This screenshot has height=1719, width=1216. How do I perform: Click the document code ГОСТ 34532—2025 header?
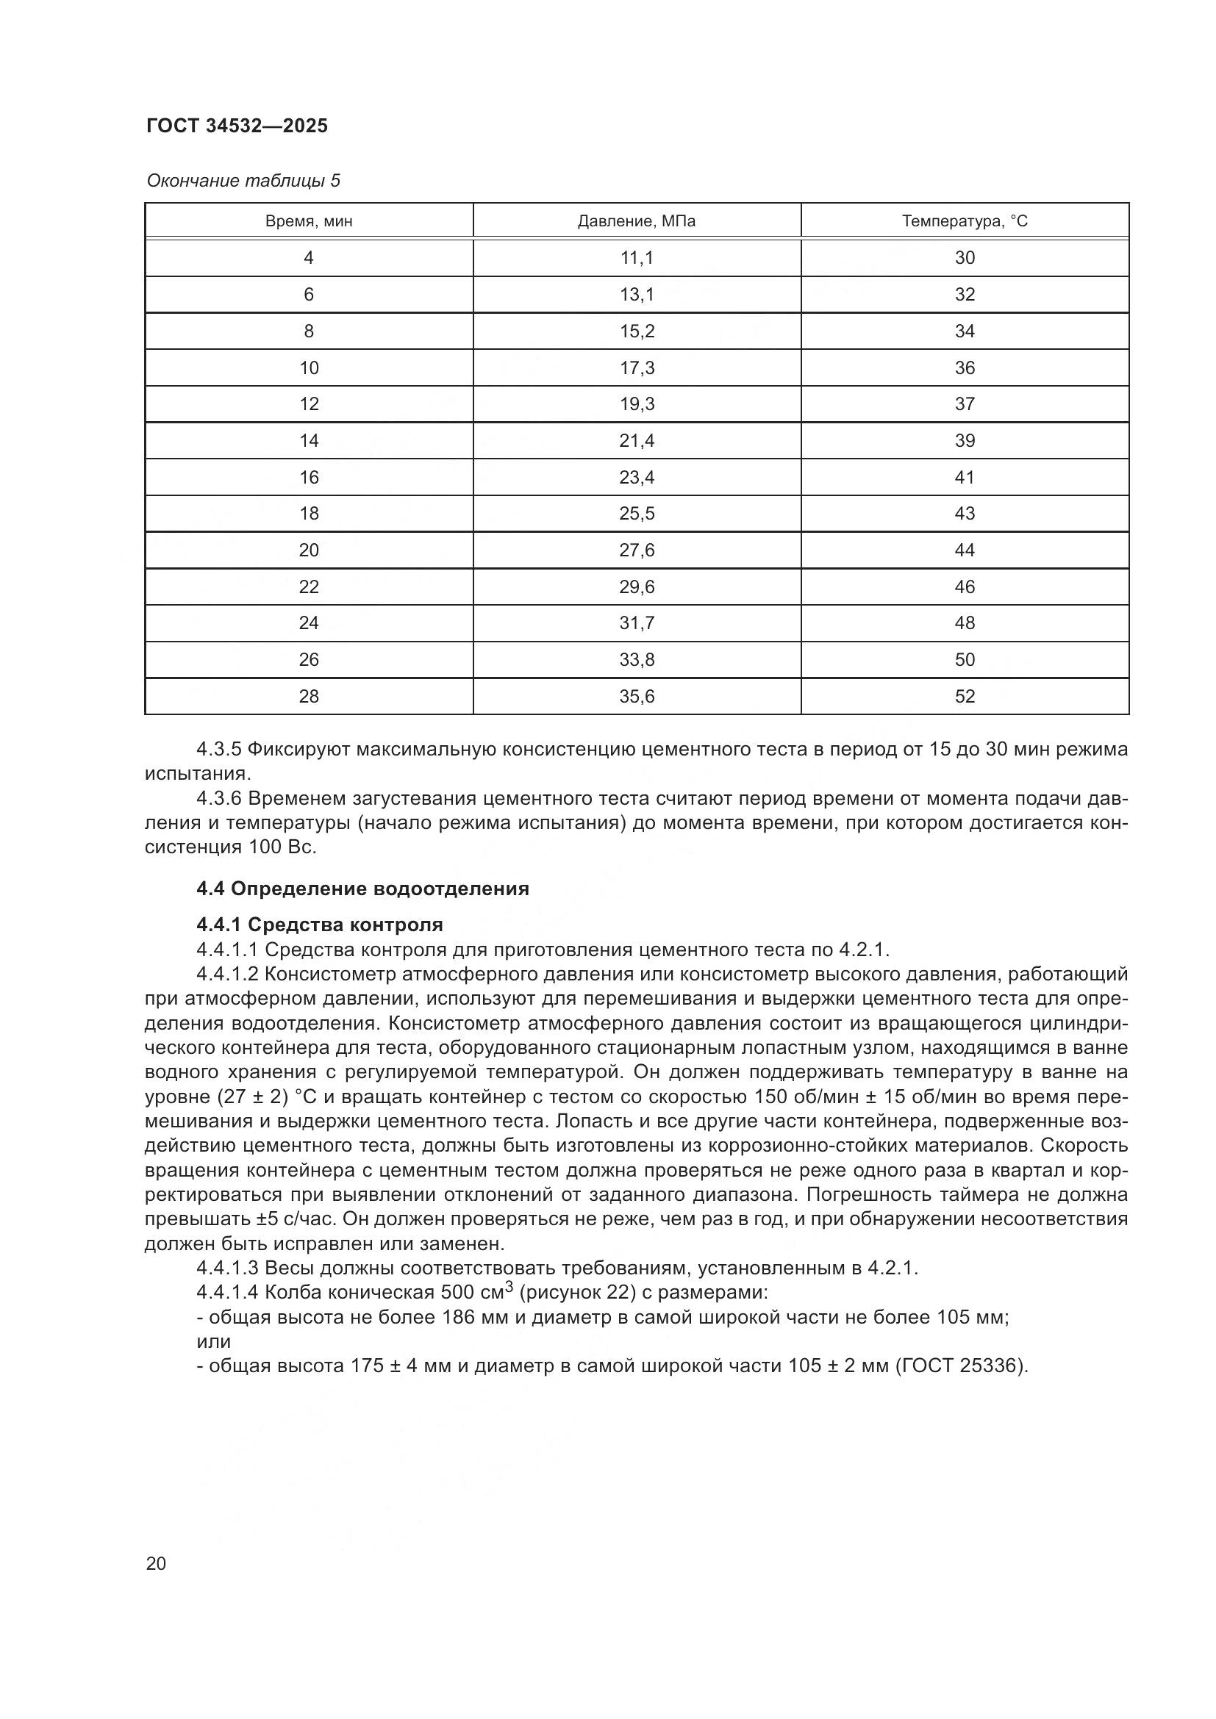[237, 126]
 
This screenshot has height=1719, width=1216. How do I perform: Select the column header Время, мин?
[309, 222]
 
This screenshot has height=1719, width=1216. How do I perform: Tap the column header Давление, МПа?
[637, 222]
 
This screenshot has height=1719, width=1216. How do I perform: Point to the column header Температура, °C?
[965, 222]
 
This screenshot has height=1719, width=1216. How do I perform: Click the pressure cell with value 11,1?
[637, 258]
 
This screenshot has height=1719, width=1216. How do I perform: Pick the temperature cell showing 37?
[965, 404]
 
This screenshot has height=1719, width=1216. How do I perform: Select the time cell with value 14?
[309, 441]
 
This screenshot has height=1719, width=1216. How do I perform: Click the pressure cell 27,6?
[637, 550]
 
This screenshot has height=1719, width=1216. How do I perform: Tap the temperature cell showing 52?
[965, 696]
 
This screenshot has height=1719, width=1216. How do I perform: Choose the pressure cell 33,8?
[637, 659]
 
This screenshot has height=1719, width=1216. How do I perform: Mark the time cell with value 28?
[309, 696]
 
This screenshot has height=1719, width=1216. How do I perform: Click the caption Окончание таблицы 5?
[243, 181]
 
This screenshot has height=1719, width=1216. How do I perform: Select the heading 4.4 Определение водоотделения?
[362, 889]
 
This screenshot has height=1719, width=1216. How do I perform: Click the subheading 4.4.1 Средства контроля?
[320, 925]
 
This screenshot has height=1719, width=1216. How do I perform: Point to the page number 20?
[156, 1563]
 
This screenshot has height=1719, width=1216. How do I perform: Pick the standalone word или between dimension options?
[213, 1341]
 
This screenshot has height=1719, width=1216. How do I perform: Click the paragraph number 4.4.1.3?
[227, 1268]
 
